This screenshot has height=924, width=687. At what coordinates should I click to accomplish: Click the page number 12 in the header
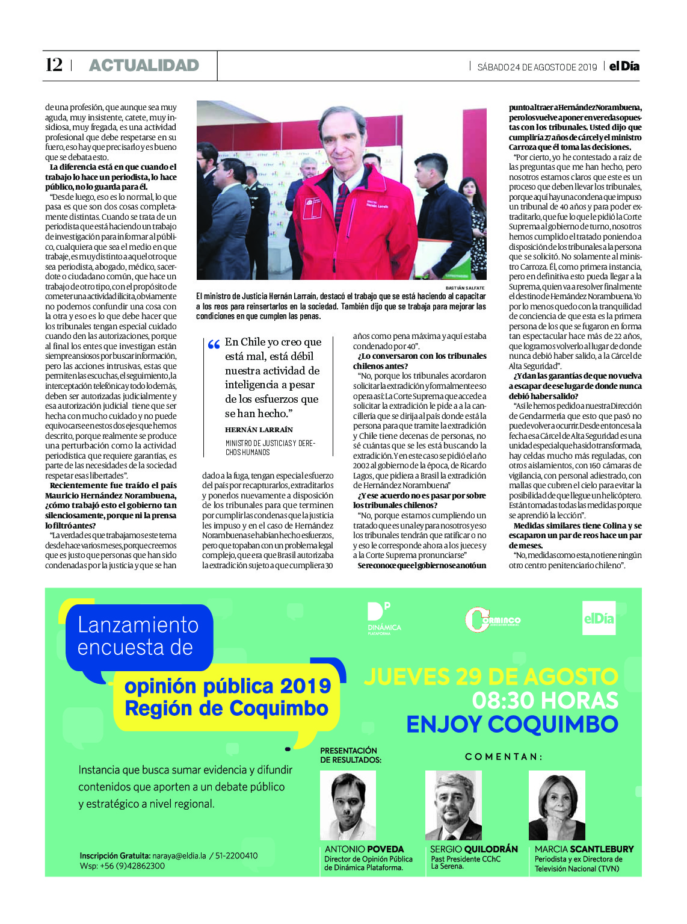(54, 65)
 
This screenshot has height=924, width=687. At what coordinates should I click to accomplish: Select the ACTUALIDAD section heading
(144, 66)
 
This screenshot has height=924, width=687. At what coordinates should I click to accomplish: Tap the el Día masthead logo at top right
(624, 66)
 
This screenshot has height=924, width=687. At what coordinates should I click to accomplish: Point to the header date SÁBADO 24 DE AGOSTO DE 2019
(537, 67)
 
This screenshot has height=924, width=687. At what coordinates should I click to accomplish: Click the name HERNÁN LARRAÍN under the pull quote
(259, 430)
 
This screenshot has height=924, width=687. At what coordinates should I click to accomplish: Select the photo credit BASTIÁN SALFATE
(464, 288)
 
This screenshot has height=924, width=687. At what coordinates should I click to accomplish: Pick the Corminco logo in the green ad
(492, 620)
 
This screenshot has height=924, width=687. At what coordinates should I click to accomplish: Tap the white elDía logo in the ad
(599, 618)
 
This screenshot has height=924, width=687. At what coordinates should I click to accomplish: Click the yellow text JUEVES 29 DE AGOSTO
(491, 677)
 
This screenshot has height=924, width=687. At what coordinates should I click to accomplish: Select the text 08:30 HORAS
(545, 701)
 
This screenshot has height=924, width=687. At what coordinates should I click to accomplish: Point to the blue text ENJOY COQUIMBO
(512, 724)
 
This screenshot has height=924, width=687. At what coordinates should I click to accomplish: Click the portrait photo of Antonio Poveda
(348, 805)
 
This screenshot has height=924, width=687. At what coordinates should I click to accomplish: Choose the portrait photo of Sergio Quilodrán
(453, 805)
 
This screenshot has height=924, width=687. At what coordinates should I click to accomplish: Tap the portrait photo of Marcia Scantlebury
(556, 805)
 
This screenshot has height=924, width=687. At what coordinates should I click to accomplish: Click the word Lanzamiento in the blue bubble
(138, 625)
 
